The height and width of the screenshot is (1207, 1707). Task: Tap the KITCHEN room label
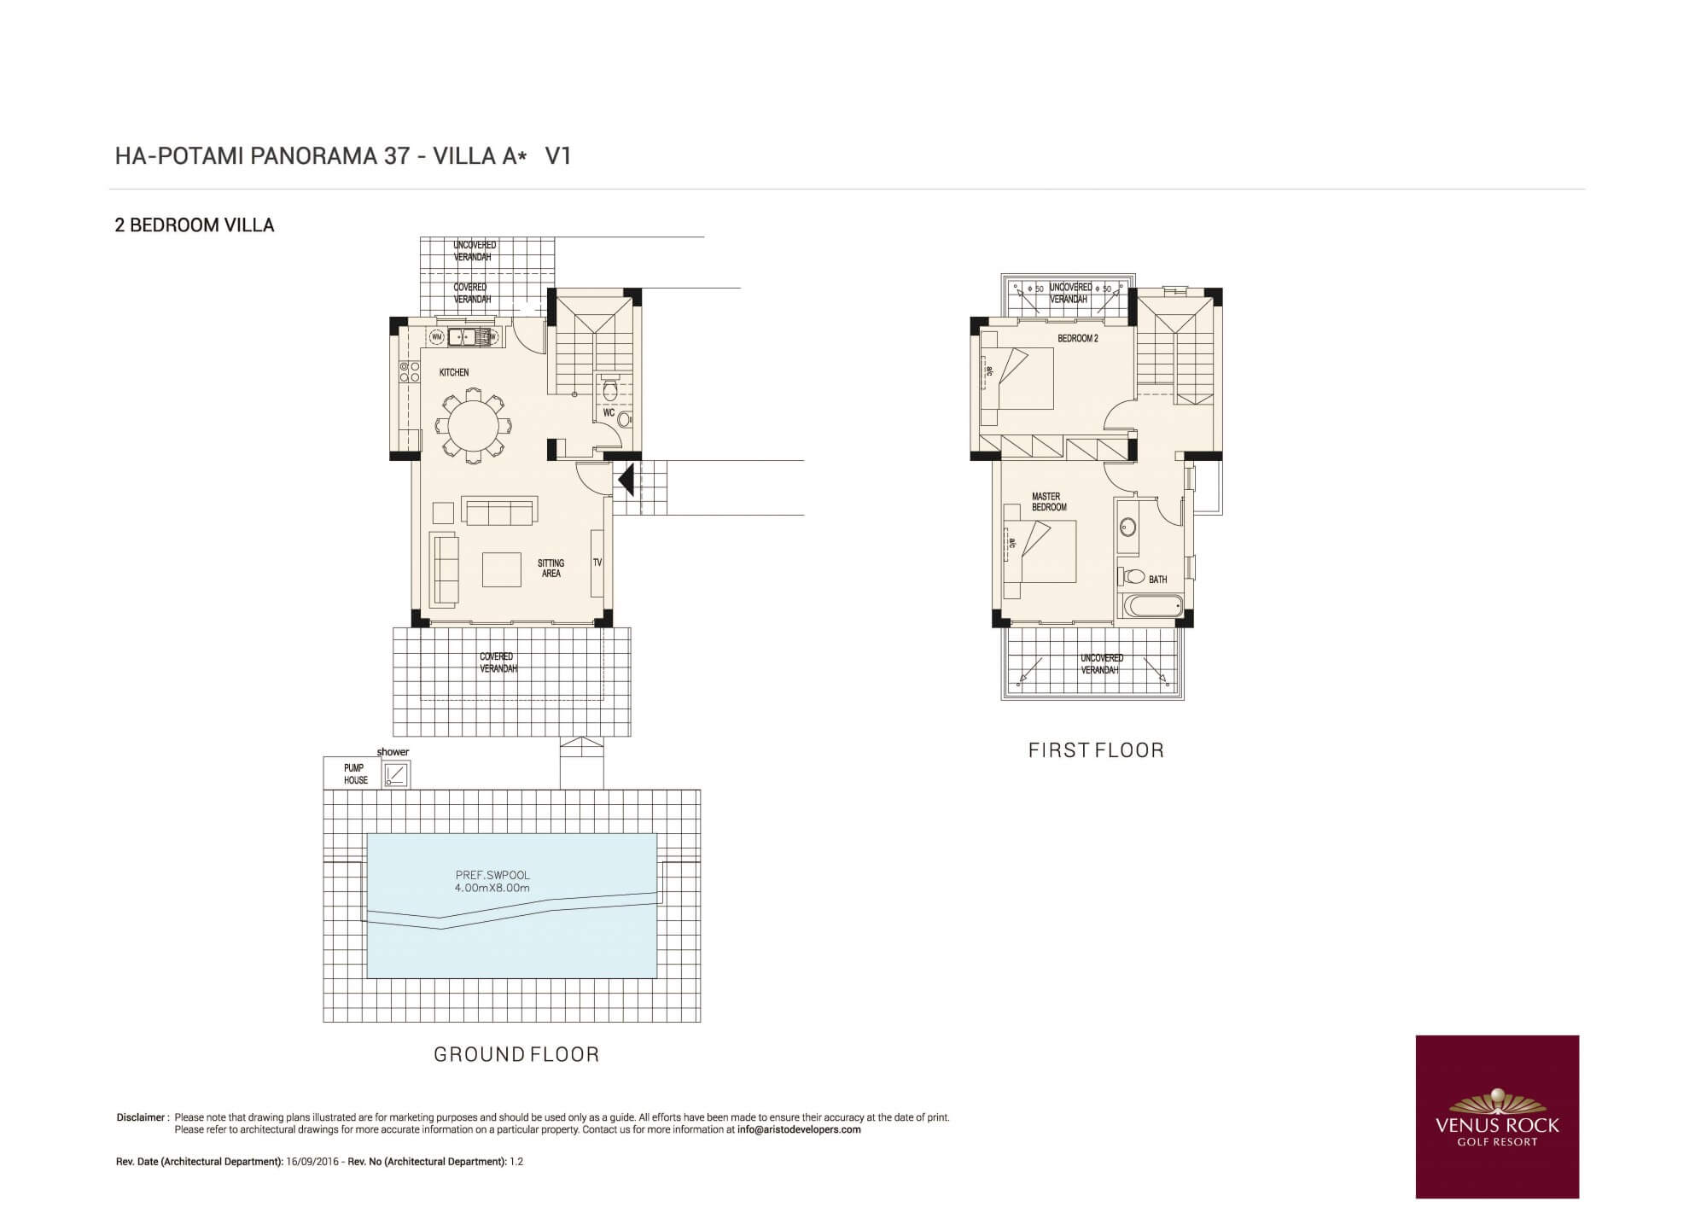point(454,372)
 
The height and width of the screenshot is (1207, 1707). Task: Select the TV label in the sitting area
point(597,563)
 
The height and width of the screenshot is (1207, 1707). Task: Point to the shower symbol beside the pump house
point(396,774)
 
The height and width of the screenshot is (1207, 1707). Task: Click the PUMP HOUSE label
point(355,774)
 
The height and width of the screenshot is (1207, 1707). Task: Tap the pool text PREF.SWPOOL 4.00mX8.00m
point(492,882)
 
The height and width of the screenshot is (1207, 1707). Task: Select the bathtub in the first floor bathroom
point(1151,609)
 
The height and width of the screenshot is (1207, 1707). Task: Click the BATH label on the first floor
point(1157,580)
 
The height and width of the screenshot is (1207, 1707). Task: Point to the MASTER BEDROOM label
point(1049,502)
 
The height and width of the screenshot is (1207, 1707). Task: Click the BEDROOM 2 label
point(1077,339)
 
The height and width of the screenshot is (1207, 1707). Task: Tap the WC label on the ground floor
point(609,412)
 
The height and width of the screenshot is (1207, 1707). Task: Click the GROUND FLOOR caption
point(516,1055)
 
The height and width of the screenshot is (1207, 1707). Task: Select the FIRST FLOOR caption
point(1096,750)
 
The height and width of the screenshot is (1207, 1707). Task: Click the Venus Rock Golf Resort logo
point(1497,1117)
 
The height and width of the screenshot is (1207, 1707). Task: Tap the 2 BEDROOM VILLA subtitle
point(195,225)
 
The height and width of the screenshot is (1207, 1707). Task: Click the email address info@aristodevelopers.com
point(799,1129)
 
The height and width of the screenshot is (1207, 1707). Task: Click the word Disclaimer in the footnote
point(140,1117)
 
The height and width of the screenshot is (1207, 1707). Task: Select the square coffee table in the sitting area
point(501,569)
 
